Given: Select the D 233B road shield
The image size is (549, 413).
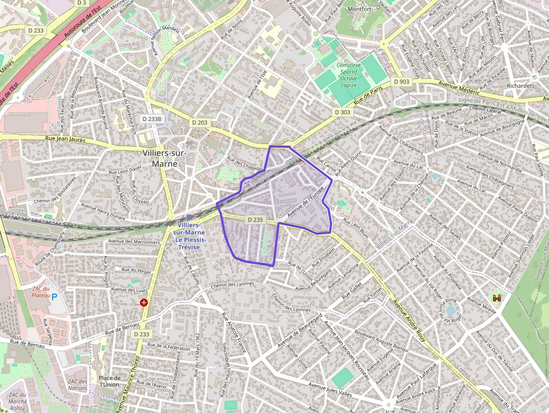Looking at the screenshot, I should (152, 119).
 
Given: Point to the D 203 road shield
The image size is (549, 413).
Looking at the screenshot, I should (199, 122).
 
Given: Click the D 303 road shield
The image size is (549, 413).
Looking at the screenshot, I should (342, 112).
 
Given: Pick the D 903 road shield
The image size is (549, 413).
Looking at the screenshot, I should (402, 81).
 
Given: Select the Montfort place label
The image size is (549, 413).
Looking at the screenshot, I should (359, 9).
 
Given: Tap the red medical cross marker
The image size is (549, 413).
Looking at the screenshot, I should (145, 303).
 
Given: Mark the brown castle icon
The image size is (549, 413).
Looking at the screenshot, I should (496, 298).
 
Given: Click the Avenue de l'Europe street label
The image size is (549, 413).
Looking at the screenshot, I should (305, 203).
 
